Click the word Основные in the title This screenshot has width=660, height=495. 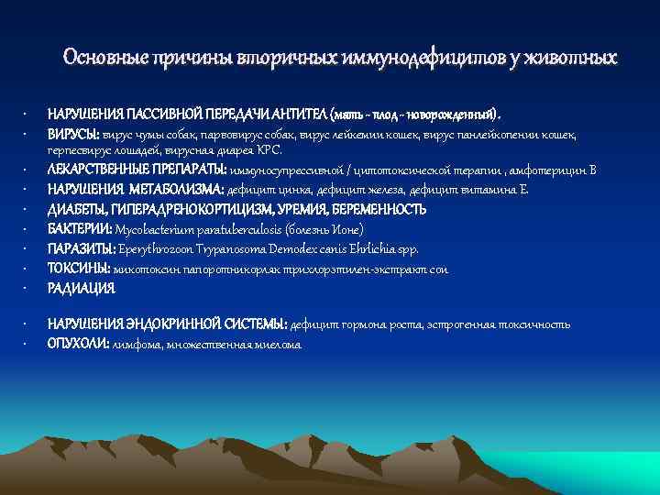click(98, 58)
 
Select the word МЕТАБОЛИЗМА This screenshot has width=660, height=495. click(167, 189)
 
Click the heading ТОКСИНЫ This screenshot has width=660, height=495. click(79, 269)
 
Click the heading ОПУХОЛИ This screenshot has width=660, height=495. click(78, 344)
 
